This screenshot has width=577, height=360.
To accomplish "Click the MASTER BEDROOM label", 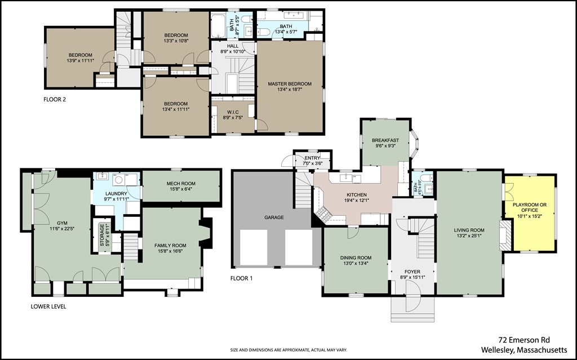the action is click(290, 84).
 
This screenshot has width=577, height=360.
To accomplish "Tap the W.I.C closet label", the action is click(233, 112).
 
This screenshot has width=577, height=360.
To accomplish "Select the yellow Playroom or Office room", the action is click(530, 214).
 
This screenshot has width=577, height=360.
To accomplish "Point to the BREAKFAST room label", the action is click(385, 140).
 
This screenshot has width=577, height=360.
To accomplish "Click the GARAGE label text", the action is click(274, 217).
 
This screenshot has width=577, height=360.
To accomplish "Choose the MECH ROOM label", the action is click(181, 184).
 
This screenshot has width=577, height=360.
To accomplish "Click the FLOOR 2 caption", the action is click(55, 99).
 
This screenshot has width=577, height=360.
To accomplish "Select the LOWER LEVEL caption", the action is click(48, 306).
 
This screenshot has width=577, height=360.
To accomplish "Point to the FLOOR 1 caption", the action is click(241, 278).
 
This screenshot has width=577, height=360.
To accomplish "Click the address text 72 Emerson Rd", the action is click(524, 340).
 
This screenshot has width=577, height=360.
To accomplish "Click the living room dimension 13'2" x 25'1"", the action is click(469, 236).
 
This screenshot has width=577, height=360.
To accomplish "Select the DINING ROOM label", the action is click(356, 258).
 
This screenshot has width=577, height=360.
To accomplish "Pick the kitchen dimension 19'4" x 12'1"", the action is click(357, 201).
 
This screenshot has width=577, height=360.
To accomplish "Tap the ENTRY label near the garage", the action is click(312, 158).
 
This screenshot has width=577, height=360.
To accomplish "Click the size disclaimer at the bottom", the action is click(289, 350).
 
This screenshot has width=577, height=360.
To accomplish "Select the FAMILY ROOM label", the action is click(170, 246).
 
